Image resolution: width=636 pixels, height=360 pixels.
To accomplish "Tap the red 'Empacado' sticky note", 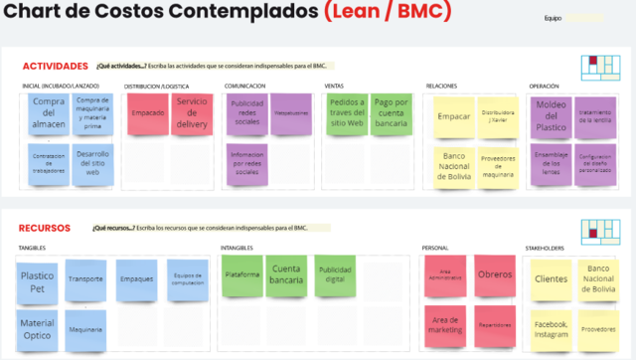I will coord(147,114).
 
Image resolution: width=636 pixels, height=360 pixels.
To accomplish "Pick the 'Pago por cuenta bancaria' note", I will coord(393,114).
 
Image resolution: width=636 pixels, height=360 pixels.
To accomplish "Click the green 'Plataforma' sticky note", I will coord(242,274).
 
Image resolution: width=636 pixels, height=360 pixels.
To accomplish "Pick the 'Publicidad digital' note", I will coord(333,274).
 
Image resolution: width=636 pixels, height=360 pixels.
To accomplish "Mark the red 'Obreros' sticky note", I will coord(493,274).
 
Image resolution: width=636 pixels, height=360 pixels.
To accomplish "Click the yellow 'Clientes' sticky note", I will coord(550,279).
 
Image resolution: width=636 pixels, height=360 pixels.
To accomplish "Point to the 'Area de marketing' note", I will coord(445,324).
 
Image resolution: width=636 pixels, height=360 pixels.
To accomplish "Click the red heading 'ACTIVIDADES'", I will coord(56,67).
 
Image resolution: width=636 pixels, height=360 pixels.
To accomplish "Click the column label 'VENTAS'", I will coord(334,87).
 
